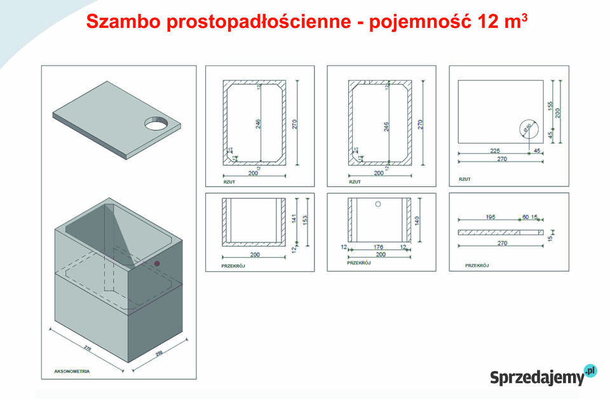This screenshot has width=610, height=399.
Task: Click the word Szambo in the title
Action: tap(123, 22)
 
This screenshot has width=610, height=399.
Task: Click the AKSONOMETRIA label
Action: tap(72, 370)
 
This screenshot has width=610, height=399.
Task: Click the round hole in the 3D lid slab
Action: tap(156, 122)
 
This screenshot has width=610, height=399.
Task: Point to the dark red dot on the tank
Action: tap(157, 263)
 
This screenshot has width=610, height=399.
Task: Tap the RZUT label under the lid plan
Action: tap(464, 179)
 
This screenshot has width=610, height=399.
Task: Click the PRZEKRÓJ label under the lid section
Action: tap(477, 265)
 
